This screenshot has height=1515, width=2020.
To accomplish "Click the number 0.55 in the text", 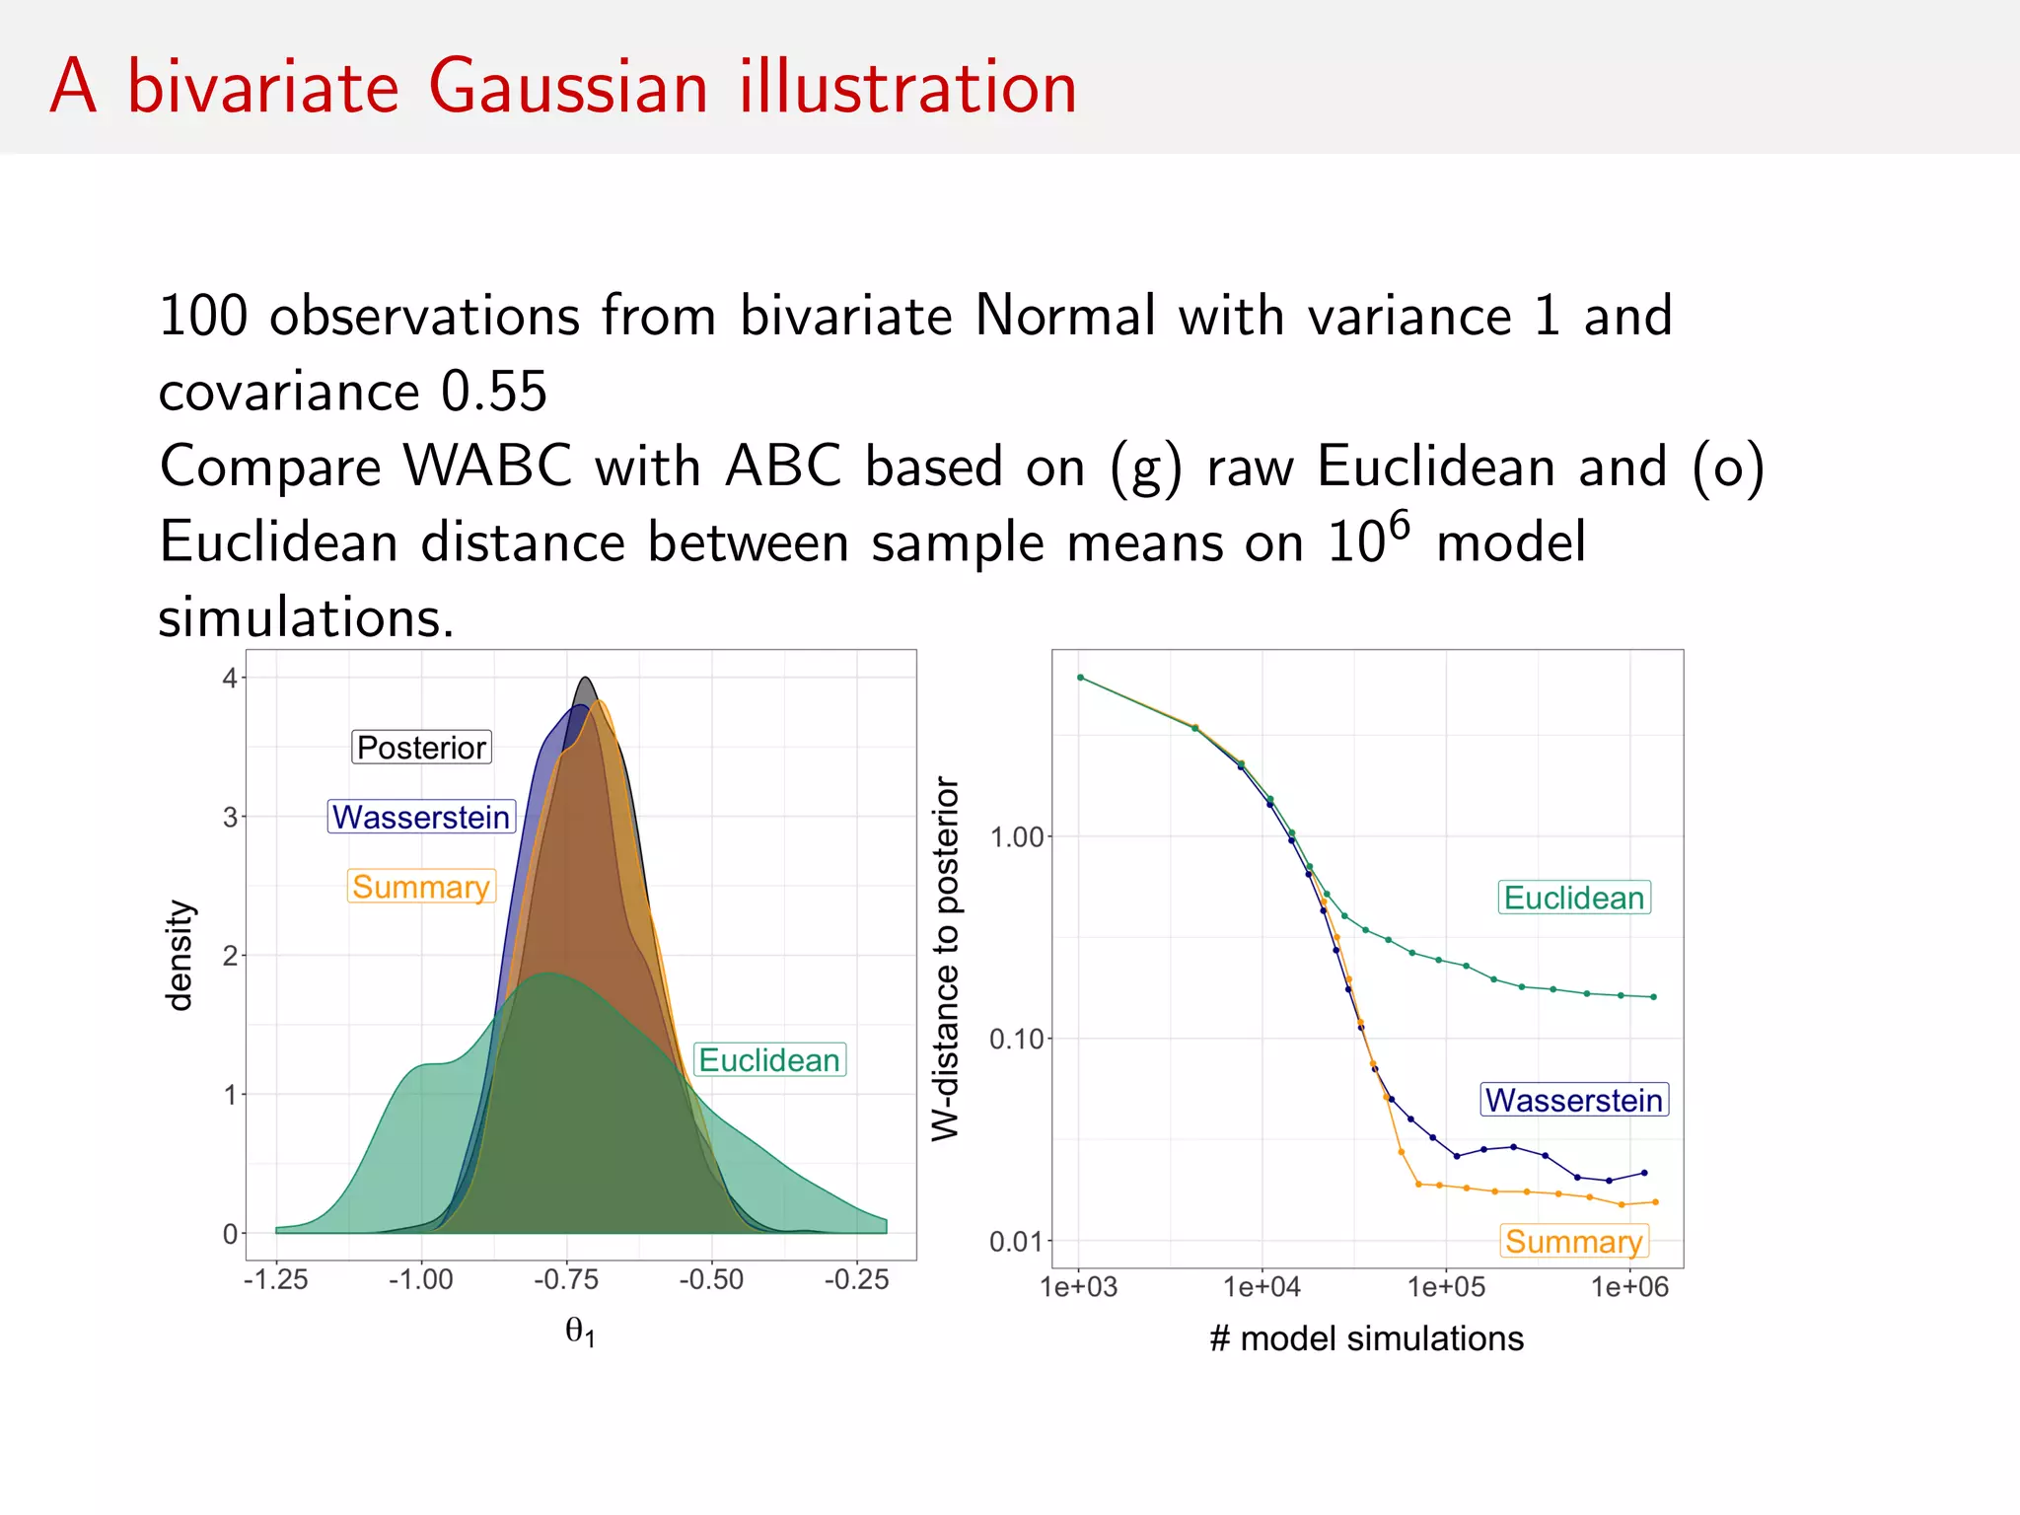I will coord(493,392).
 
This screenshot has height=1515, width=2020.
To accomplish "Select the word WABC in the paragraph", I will coord(487,466).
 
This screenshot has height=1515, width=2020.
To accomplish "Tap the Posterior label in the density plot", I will coord(421,748).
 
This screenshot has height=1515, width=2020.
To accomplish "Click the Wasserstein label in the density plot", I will coord(421,817).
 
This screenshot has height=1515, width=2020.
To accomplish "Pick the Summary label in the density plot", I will coord(421,887).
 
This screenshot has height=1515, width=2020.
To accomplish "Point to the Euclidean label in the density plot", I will coord(769,1060).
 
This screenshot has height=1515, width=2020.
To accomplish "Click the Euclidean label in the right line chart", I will coord(1573,898).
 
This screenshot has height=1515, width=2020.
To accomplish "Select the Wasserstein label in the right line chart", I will coord(1573,1100).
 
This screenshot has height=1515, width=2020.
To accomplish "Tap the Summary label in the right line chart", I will coord(1573,1241).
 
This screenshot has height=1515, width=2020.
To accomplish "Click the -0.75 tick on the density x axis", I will coord(566,1280).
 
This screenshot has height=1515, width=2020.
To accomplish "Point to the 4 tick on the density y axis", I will coord(230,678).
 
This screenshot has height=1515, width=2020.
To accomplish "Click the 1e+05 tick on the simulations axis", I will coord(1446,1287).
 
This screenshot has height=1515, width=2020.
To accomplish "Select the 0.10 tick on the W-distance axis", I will coord(1016,1039).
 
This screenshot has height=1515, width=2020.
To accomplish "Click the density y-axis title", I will coord(180,955).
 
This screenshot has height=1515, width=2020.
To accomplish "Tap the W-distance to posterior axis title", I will coord(945,959).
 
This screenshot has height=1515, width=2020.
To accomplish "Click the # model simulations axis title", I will coord(1366,1338).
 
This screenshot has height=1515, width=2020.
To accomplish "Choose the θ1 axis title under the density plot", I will coord(580,1332).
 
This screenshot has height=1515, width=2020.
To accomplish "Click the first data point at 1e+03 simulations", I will coord(1080,678).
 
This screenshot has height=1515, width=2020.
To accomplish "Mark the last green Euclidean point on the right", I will coord(1654,997).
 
